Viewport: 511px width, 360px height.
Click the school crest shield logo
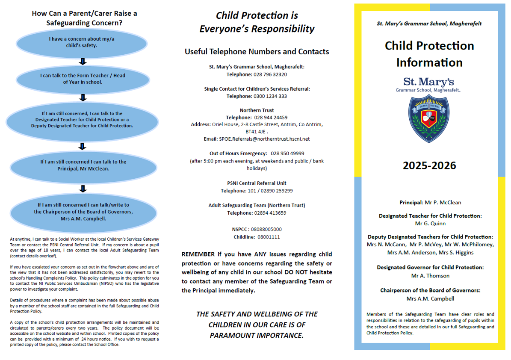coord(429,119)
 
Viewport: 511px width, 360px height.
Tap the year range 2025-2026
coord(429,165)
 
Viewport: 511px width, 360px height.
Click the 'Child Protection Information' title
coord(429,54)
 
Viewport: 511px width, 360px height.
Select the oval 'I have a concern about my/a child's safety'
coord(82,42)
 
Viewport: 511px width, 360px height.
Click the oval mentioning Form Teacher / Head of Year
coord(83,79)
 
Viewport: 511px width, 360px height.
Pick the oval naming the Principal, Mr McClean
coord(83,165)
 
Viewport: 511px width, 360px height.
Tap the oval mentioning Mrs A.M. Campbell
coord(83,212)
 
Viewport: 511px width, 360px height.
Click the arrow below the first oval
coord(83,62)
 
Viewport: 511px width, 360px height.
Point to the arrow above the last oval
coord(83,189)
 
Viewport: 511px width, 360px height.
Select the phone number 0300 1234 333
coord(270,96)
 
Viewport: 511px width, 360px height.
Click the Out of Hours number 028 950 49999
coord(287,153)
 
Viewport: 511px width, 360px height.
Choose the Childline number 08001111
coord(269,237)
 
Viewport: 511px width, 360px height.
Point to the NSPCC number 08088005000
coord(266,230)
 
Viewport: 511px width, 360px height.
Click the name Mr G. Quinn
coord(430,223)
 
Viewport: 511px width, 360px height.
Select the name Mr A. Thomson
coord(430,276)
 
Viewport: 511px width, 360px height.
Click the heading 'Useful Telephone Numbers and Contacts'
coord(257,52)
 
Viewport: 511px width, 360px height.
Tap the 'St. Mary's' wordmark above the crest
coord(428,82)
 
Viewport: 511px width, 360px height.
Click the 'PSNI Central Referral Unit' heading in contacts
coord(257,183)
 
